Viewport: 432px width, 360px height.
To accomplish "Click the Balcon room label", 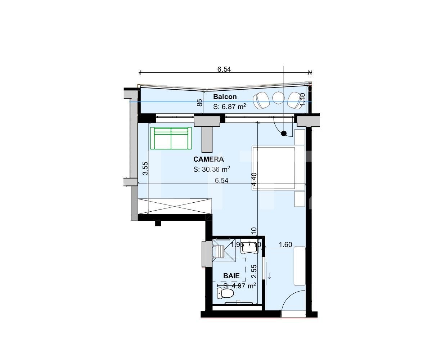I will click(x=225, y=96).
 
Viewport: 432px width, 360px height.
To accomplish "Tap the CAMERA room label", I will click(x=208, y=159).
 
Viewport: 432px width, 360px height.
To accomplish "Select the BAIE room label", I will click(x=231, y=276).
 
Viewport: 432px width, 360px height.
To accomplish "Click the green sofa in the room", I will click(x=171, y=138).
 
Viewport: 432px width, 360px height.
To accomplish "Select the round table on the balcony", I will click(x=278, y=98).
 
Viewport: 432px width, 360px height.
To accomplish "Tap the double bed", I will click(x=278, y=168).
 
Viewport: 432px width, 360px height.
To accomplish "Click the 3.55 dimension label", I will click(x=145, y=168).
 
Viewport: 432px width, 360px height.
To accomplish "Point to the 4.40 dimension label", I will click(x=254, y=179).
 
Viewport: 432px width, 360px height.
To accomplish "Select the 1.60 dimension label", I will click(x=285, y=245).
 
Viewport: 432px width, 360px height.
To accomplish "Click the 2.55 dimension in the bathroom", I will click(x=254, y=271).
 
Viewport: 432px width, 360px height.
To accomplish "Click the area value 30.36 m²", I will click(x=212, y=170).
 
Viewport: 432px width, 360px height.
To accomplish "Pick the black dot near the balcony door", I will click(x=284, y=134).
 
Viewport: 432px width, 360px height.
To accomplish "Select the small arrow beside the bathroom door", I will click(x=269, y=276).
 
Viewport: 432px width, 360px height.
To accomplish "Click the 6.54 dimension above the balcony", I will click(x=224, y=69).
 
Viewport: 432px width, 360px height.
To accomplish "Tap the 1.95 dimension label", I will click(x=237, y=245).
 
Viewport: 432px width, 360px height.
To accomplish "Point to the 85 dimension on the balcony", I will click(x=200, y=103).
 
